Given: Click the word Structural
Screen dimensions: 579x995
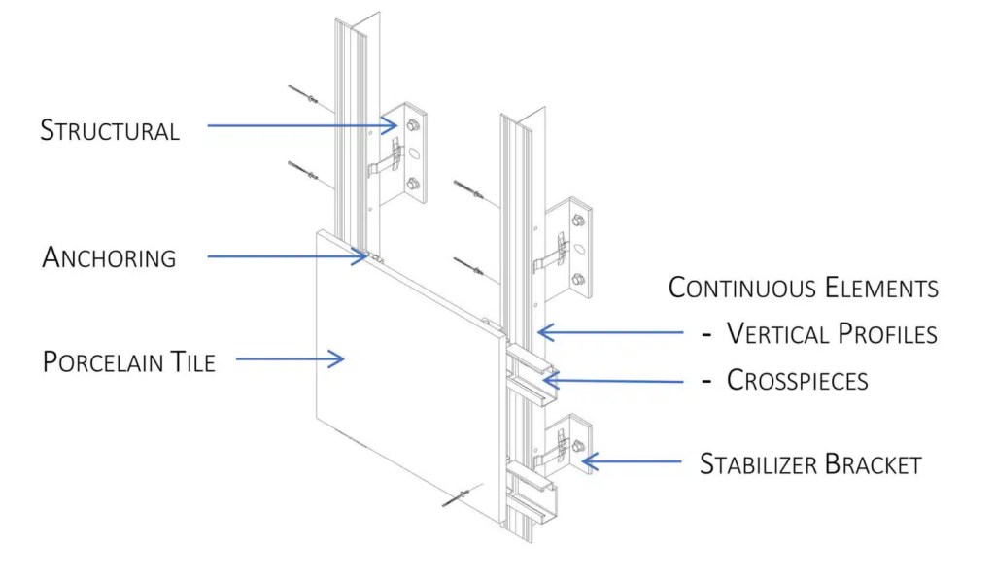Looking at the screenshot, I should point(110,131).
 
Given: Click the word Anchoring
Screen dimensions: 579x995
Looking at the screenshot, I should point(109,258).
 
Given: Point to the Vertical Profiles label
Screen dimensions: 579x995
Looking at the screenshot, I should point(832,333).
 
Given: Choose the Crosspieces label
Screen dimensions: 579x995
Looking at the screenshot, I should point(797,380).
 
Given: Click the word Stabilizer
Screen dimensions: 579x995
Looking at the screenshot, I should point(758,464).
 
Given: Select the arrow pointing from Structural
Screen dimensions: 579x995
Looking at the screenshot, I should point(302,124).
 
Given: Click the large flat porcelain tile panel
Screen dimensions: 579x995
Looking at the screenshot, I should point(408,389).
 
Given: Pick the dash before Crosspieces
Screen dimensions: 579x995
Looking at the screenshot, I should point(707,381).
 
